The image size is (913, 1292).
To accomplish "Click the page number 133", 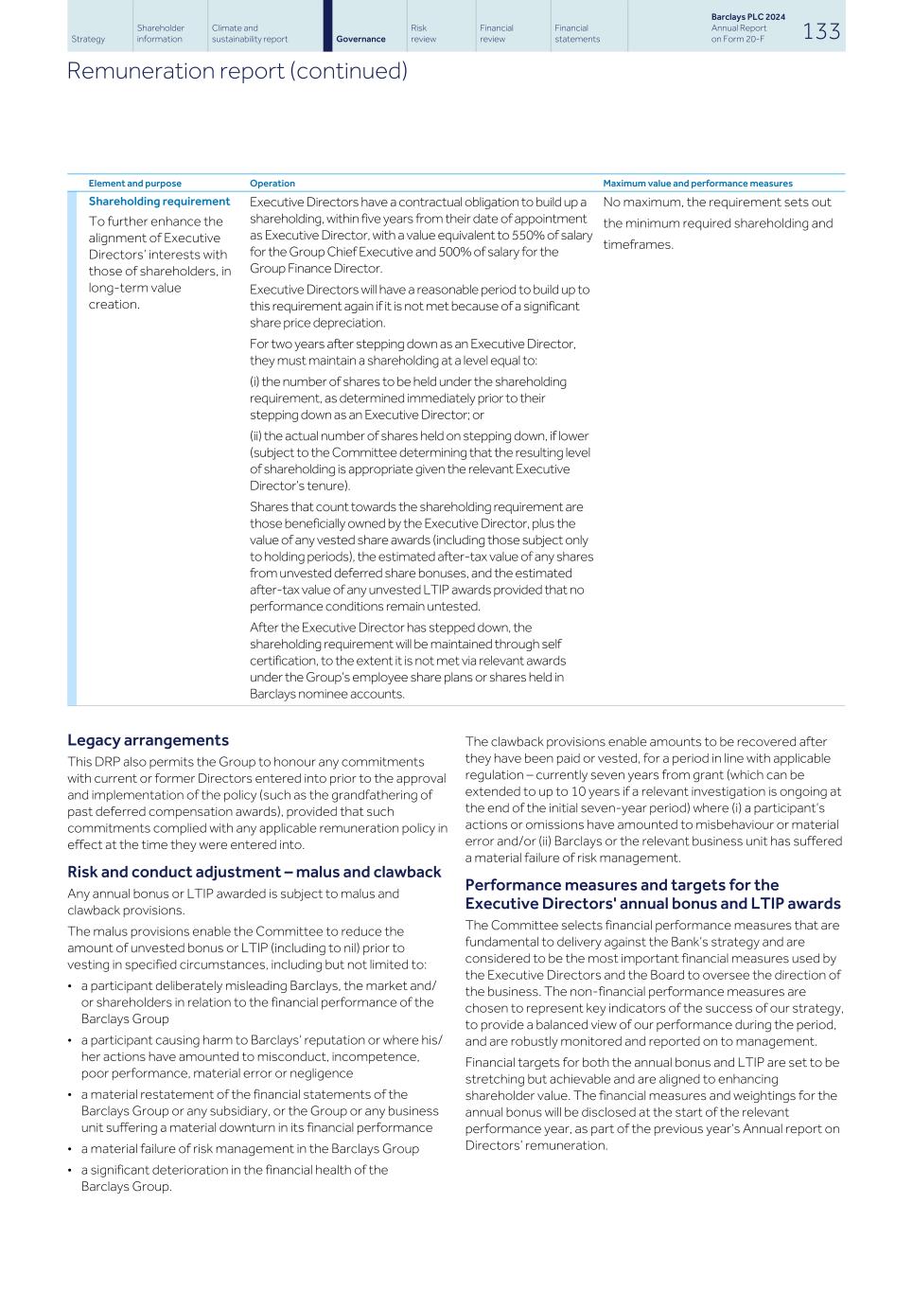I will [x=820, y=31].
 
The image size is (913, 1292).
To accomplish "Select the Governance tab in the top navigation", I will [x=360, y=39].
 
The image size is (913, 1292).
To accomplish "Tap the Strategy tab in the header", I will [x=88, y=39].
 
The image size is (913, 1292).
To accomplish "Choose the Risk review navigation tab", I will [x=424, y=33].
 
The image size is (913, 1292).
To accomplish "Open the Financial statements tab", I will [x=577, y=33].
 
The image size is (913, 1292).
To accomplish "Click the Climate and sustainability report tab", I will [x=250, y=33].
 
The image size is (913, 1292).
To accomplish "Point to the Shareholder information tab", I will [x=160, y=33].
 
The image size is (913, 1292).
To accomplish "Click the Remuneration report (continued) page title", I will [x=237, y=71].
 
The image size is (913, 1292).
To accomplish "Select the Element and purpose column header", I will [x=134, y=184].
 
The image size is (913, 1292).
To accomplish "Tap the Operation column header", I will [x=272, y=184].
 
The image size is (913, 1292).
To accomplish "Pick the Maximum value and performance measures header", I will [x=697, y=184].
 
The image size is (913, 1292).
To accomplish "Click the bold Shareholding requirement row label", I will [x=159, y=202].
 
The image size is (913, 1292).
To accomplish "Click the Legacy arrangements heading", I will [x=148, y=740].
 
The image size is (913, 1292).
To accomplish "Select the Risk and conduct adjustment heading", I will [x=254, y=872].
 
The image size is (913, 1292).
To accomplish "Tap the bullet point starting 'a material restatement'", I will [x=259, y=1110].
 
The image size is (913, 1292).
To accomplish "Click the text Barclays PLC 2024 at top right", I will [x=747, y=17].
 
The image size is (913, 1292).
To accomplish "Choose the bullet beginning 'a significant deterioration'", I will [x=234, y=1177].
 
